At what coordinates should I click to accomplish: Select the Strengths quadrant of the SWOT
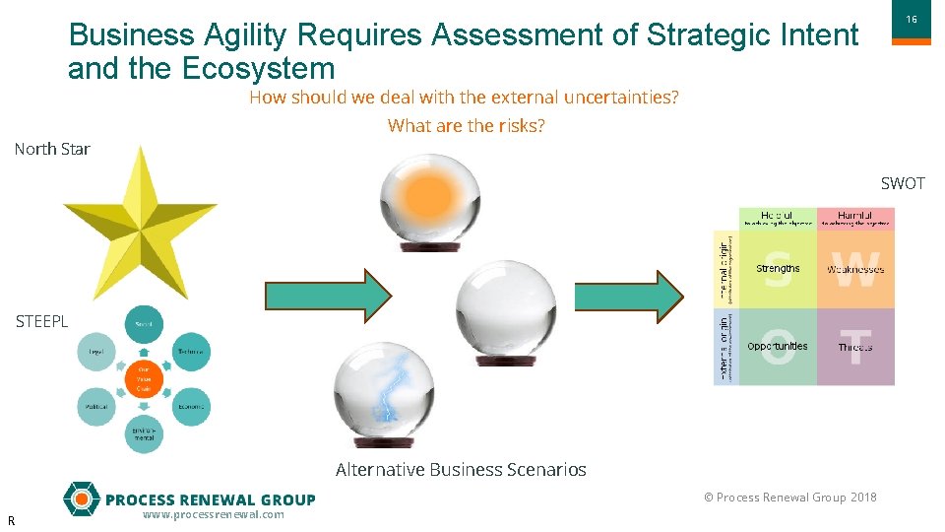778,269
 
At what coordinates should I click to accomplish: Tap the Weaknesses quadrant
855,269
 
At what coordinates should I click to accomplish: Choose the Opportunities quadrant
778,347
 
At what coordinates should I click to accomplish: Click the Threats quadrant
855,347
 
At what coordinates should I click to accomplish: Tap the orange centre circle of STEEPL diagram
144,379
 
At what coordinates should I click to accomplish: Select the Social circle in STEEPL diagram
144,324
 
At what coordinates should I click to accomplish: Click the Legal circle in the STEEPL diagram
96,352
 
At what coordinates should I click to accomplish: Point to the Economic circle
191,406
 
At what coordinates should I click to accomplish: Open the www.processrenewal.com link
213,515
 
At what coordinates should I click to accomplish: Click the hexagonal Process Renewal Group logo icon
81,499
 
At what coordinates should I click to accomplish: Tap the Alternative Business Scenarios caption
461,470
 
